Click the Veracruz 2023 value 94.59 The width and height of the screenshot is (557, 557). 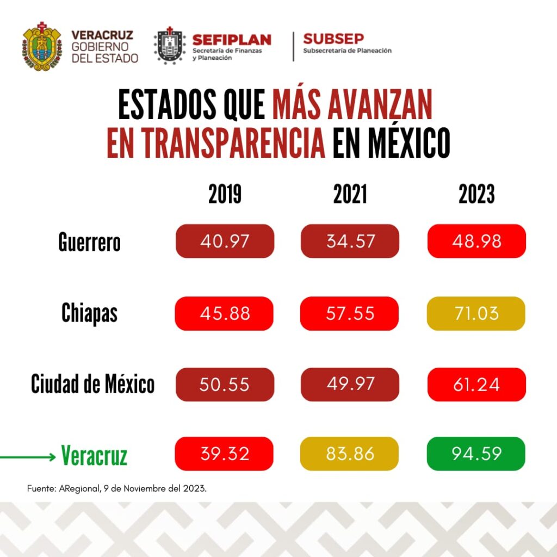(476, 454)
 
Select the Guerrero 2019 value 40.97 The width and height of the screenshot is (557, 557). (225, 241)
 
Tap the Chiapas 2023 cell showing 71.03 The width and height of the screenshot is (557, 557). (476, 313)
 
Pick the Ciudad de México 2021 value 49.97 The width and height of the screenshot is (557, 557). (350, 384)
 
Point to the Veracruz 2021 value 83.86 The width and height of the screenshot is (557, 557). (350, 454)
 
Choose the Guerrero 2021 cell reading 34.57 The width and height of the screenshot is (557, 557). (350, 241)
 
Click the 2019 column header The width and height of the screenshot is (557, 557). (225, 195)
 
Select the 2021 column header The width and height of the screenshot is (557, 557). (350, 195)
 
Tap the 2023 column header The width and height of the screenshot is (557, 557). (476, 195)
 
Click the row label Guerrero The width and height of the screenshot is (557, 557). (89, 242)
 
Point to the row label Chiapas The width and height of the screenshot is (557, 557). (89, 313)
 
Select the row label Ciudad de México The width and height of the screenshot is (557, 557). (92, 384)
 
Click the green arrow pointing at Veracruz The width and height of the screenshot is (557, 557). (27, 457)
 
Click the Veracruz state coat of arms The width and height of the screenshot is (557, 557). (42, 46)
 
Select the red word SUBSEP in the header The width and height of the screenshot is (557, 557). (333, 39)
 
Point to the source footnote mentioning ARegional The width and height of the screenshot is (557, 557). (117, 488)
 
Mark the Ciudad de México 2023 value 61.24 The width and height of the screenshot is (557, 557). (476, 384)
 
